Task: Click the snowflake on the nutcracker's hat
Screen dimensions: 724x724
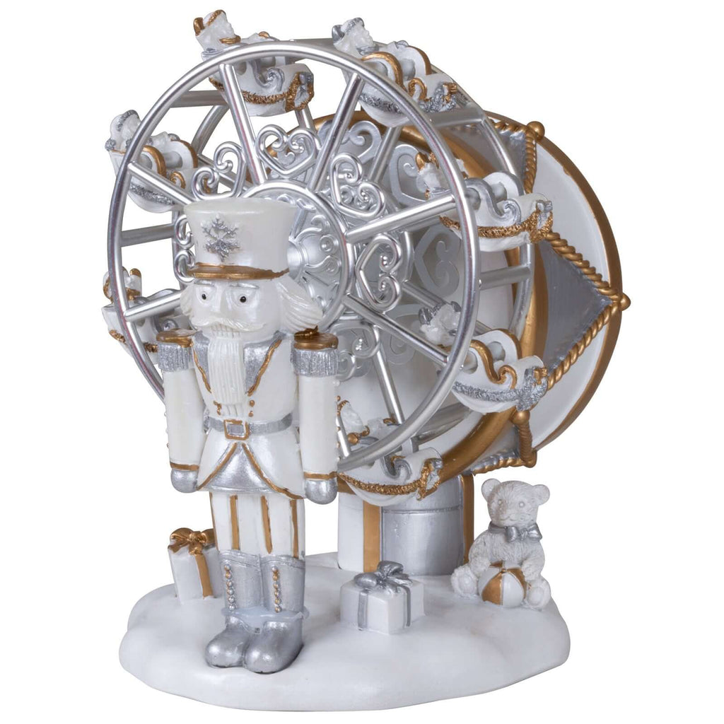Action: click(221, 238)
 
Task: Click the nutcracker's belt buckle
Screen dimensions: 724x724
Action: click(235, 428)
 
